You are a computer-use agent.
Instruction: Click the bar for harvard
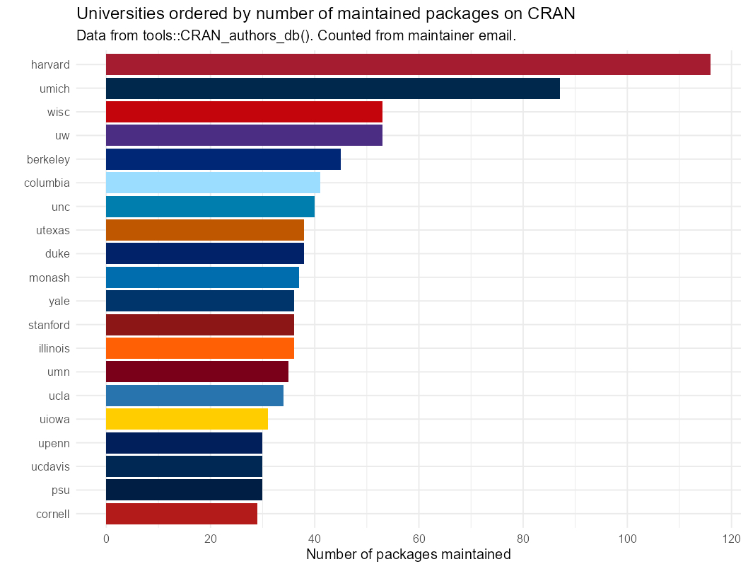tap(408, 64)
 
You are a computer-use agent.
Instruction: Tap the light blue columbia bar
tap(213, 183)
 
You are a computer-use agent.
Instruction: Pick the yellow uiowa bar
tap(187, 419)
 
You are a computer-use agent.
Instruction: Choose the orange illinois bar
tap(199, 348)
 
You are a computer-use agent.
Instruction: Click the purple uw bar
tap(244, 135)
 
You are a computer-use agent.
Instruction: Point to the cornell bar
tap(182, 514)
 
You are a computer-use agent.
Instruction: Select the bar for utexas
tap(205, 230)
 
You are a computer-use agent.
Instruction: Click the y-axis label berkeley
tap(48, 159)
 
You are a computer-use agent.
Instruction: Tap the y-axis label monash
tap(49, 277)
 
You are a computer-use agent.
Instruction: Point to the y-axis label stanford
tap(49, 325)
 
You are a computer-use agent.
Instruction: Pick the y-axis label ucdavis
tap(50, 466)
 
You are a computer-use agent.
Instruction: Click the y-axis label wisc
tap(58, 112)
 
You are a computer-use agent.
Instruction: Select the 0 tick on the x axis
tap(106, 539)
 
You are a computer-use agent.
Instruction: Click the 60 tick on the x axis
tap(419, 539)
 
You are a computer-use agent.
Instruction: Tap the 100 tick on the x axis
tap(627, 539)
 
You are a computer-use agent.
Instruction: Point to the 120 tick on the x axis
tap(731, 539)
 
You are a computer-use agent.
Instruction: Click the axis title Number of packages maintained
tap(408, 555)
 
